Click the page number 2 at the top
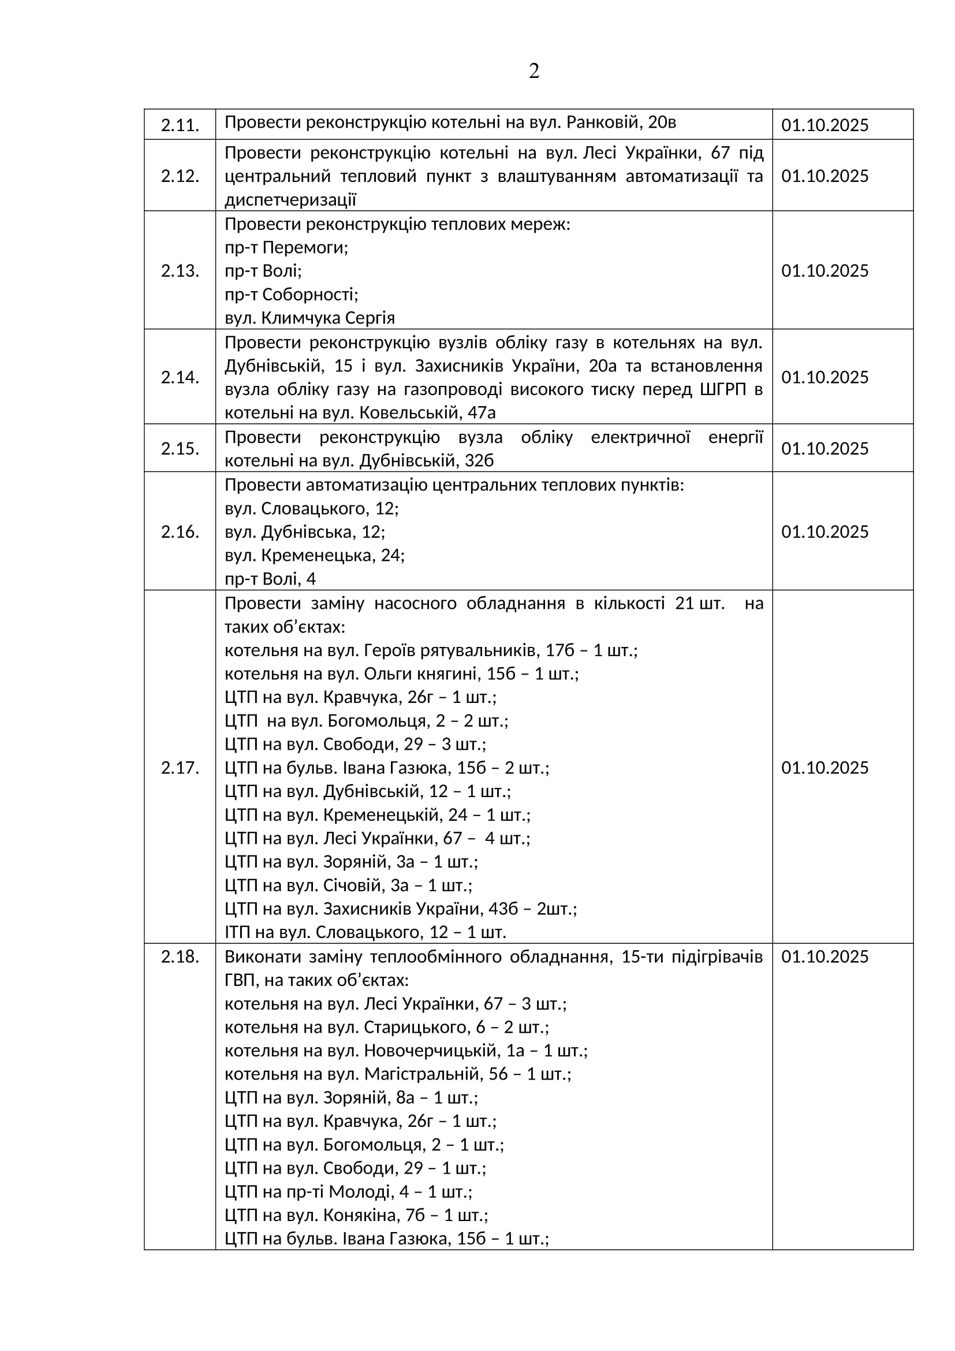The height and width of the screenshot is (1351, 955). pos(534,72)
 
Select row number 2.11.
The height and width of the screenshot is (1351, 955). pos(180,125)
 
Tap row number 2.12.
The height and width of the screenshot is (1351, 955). pos(180,176)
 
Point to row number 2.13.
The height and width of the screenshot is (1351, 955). pos(180,271)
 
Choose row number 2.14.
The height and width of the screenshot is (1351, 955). pos(180,377)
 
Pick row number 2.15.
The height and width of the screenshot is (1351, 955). pos(180,448)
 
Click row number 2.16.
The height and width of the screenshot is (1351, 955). pos(180,531)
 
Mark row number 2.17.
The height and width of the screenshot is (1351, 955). pos(180,767)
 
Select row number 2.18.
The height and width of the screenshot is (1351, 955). pos(180,956)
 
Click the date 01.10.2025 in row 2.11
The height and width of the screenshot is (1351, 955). pos(825,125)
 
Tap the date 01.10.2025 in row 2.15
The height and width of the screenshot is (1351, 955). pos(825,448)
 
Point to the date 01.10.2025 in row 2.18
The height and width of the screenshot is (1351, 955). pos(825,956)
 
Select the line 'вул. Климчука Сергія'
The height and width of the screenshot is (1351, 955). pos(309,318)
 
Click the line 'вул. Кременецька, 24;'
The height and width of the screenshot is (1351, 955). pos(315,555)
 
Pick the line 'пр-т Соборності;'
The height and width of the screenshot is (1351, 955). pos(291,294)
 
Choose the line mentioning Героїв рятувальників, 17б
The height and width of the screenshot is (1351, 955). pos(431,650)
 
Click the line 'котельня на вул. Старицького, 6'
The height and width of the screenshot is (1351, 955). pos(386,1027)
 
